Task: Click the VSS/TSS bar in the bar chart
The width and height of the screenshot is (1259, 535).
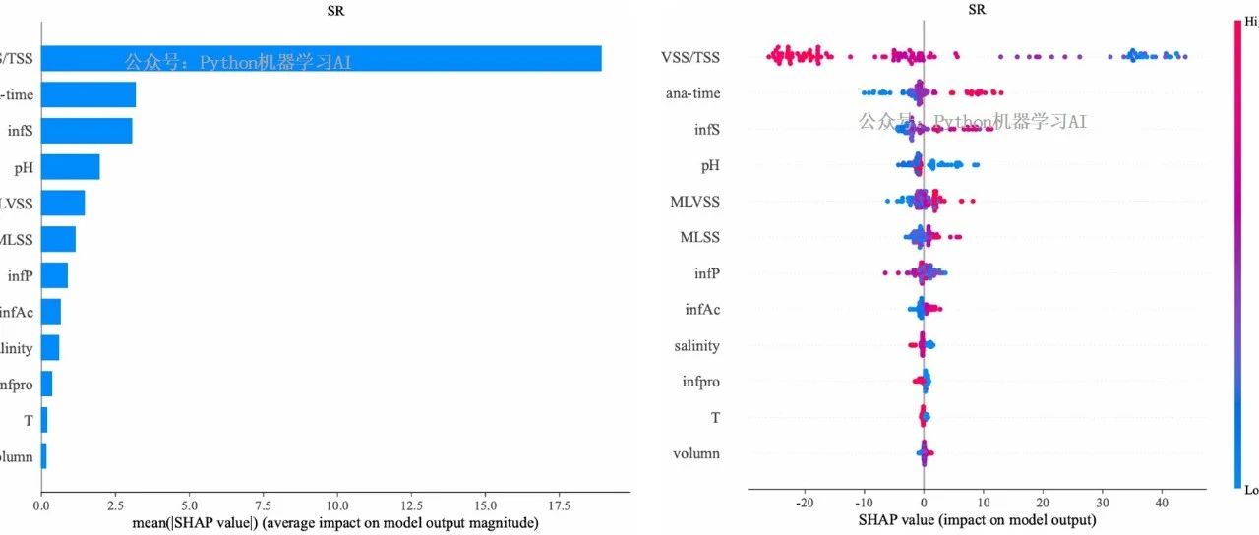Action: point(321,58)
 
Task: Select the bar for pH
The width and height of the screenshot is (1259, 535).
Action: point(70,167)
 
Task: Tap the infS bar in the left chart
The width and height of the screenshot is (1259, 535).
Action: point(87,131)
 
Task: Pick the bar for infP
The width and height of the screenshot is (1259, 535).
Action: point(54,275)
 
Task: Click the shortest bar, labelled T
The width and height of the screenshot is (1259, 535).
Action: point(44,420)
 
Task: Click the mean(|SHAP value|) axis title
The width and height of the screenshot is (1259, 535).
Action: point(334,523)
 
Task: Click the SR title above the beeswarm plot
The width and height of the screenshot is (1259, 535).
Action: point(977,10)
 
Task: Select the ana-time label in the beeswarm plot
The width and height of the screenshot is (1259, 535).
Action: point(691,94)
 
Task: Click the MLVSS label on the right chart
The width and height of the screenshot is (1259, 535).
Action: point(694,202)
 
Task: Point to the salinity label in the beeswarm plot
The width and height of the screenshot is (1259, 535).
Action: point(696,346)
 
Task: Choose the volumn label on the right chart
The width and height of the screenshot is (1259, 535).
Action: point(696,454)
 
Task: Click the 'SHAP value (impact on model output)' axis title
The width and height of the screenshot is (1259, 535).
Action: point(977,519)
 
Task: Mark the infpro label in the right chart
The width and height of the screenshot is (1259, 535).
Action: point(700,382)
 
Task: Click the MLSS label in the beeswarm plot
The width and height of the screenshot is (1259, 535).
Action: point(699,238)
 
